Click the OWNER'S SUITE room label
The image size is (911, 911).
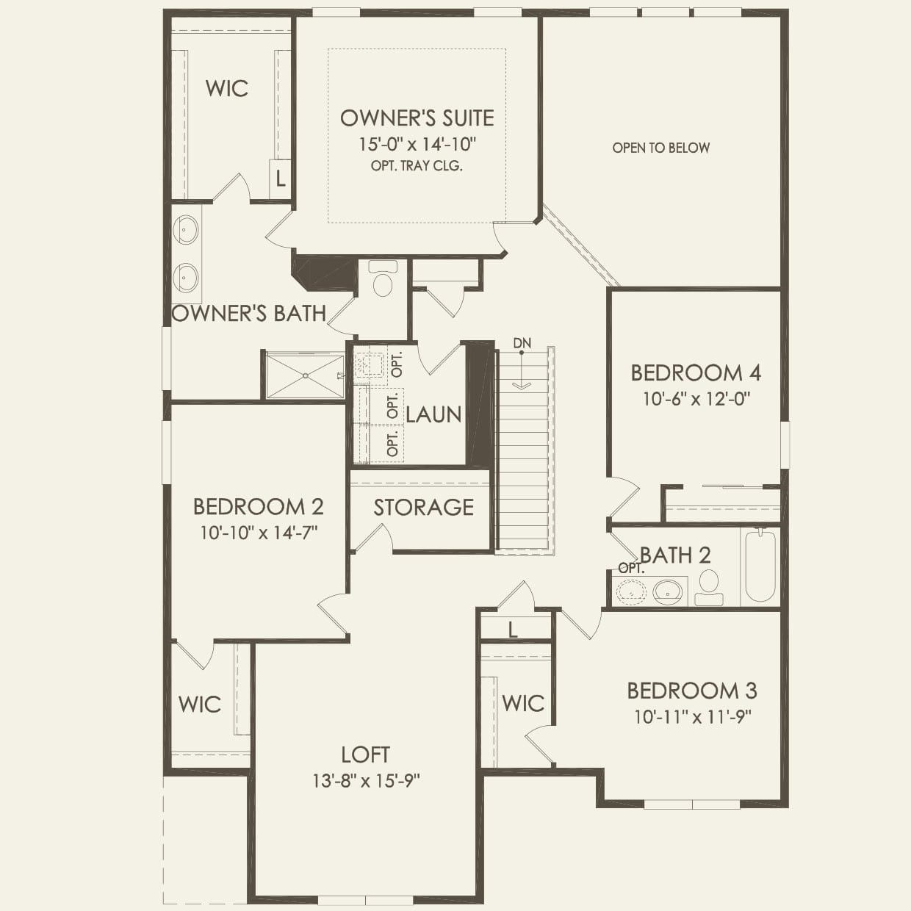(x=417, y=118)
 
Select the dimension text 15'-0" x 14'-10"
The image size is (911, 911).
(x=417, y=143)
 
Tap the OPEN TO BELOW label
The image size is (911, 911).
(x=660, y=148)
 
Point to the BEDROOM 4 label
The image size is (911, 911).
(x=695, y=372)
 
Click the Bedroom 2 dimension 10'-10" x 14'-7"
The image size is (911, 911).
(x=258, y=533)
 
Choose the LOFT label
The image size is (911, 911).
(x=365, y=755)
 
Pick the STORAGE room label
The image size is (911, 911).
(x=423, y=507)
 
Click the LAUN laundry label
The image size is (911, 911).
(x=433, y=414)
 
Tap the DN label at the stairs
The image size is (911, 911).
(x=522, y=343)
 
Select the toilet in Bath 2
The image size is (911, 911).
(x=709, y=586)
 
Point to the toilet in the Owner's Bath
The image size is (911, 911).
(x=383, y=279)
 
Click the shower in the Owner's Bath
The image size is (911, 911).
(x=304, y=376)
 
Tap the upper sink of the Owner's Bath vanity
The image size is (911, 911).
(x=186, y=230)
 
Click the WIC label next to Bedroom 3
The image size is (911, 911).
(x=523, y=703)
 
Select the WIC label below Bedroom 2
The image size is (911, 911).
(x=199, y=704)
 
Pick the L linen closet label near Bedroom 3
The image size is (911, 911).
(x=513, y=629)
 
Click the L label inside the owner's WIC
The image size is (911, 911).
(x=280, y=178)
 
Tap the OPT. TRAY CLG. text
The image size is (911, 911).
(x=417, y=166)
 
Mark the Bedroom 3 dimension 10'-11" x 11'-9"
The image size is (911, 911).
(x=693, y=716)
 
